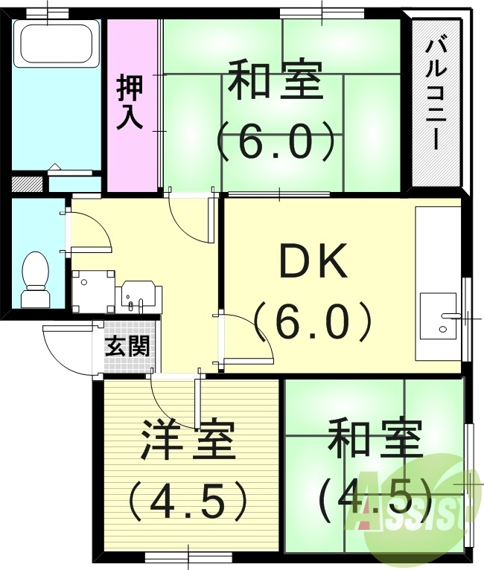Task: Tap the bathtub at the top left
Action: pos(56,42)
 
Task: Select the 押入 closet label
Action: pos(130,103)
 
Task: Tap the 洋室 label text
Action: pos(188,441)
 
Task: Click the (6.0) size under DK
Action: pos(312,321)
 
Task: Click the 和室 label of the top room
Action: pos(276,82)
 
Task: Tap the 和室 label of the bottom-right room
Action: pos(375,441)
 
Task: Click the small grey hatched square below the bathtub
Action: pos(28,183)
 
